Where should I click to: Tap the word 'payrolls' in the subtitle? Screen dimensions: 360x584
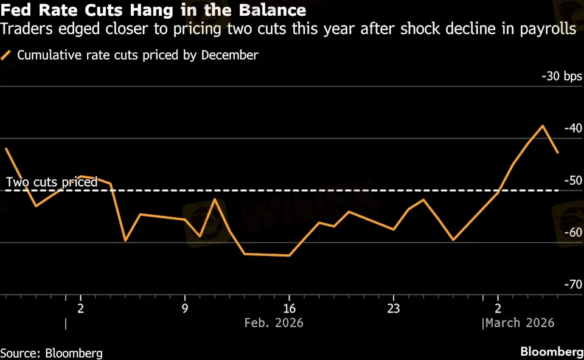[550, 29]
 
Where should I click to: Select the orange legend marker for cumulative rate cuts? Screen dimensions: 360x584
[7, 55]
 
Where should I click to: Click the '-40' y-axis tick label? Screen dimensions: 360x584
[573, 128]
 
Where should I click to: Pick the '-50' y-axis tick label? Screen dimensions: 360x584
[573, 181]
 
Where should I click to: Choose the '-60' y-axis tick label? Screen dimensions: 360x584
[573, 232]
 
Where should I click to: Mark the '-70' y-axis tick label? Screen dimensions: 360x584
[573, 284]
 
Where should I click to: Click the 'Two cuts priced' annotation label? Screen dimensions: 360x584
[52, 182]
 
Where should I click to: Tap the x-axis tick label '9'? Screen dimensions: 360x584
[185, 307]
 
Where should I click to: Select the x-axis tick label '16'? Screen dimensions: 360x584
[289, 307]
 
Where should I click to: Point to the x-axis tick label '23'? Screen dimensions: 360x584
[394, 307]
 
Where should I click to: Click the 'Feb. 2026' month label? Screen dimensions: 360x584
[273, 322]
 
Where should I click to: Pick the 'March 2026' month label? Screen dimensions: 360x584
[520, 322]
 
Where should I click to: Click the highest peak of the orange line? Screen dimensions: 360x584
[543, 126]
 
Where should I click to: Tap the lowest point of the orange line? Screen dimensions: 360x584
[289, 255]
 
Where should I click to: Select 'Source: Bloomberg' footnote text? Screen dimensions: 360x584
[51, 353]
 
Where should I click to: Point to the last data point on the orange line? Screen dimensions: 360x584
[558, 152]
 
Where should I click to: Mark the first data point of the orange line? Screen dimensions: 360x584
[6, 148]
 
